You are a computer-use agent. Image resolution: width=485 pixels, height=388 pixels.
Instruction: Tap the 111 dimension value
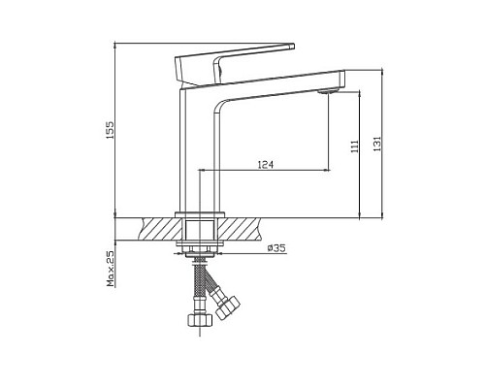click(355, 145)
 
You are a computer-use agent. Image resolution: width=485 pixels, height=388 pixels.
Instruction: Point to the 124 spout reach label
click(264, 165)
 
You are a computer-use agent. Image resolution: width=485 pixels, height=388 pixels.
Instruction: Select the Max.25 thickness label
click(112, 267)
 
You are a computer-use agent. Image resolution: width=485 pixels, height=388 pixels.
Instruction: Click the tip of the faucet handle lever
click(289, 46)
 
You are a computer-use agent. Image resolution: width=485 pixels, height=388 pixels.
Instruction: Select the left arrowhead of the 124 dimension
click(202, 171)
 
